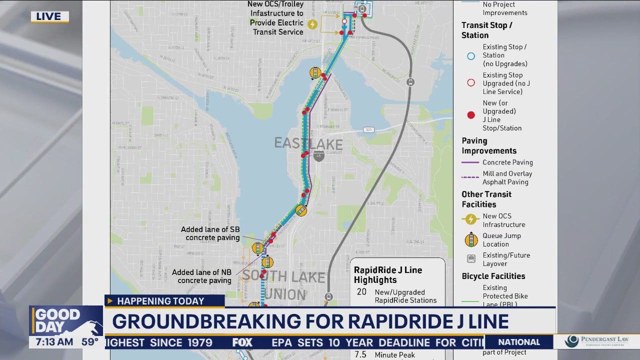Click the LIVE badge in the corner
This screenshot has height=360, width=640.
tap(49, 17)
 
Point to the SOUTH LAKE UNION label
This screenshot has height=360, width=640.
tap(284, 284)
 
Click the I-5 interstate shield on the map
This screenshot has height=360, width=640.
tap(318, 157)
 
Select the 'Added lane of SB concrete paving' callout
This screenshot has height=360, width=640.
tap(210, 233)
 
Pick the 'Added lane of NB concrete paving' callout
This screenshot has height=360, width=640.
tap(201, 276)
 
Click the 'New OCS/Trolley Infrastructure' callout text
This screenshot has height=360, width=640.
tap(276, 18)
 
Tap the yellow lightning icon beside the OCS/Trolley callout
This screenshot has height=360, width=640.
tap(312, 24)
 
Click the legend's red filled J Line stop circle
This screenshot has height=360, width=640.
tap(470, 115)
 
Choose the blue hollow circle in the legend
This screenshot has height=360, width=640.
tap(470, 56)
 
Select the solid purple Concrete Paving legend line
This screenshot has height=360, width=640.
tap(470, 162)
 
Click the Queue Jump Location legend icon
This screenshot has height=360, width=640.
tap(471, 240)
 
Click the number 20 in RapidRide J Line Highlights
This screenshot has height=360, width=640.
tap(361, 292)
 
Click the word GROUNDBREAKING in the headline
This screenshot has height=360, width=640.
tap(206, 321)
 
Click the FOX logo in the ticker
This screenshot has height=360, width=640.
tap(242, 342)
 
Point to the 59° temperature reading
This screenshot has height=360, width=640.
tap(90, 342)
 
